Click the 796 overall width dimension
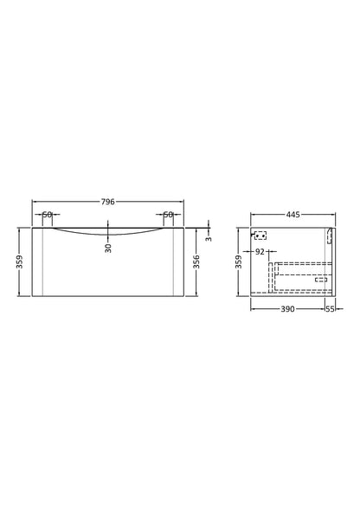107,202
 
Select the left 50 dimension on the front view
47,215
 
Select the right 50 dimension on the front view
168,215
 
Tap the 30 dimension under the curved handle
108,247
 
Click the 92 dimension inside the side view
260,251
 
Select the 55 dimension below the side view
330,308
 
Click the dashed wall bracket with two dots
260,235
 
